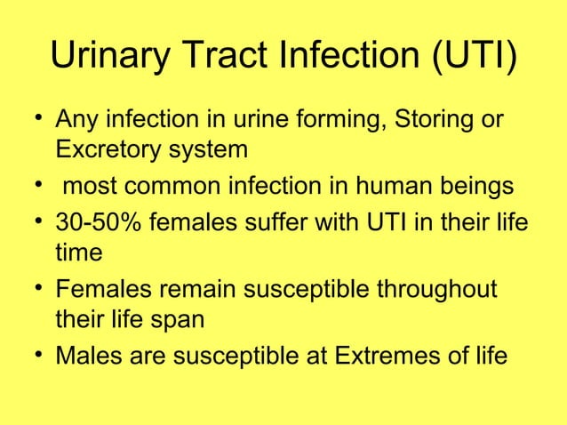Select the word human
click(x=391, y=188)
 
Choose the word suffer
click(x=284, y=221)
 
